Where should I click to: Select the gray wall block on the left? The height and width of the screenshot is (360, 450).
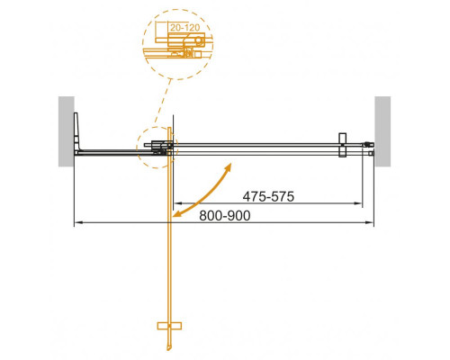tap(65, 130)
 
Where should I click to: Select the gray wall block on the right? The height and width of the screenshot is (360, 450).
tap(382, 130)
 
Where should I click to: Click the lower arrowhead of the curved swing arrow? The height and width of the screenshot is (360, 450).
tap(177, 214)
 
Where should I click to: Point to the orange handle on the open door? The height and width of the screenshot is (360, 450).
tap(169, 324)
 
